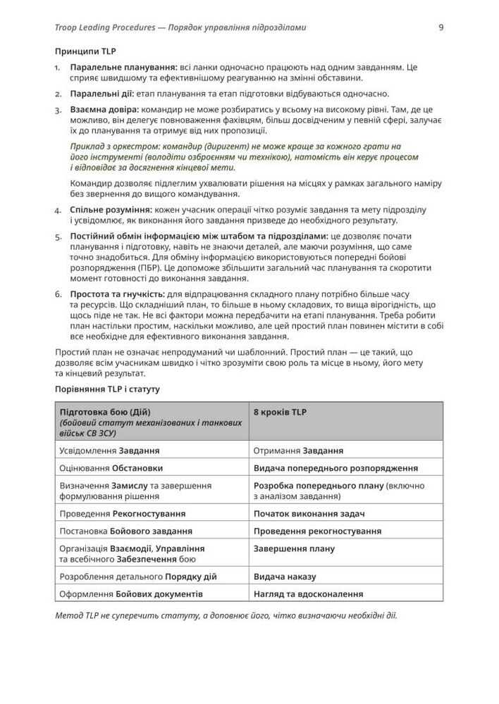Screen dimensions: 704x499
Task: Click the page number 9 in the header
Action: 441,28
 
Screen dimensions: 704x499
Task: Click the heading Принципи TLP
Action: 85,52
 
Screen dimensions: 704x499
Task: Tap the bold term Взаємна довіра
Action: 104,110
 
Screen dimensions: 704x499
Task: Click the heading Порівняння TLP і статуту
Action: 107,389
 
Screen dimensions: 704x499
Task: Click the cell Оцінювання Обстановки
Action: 112,468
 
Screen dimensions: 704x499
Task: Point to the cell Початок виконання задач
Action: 309,514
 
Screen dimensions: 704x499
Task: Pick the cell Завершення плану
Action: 294,549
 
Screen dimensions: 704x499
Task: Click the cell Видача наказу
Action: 285,577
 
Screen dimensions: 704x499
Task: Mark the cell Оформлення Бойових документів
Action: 132,595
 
